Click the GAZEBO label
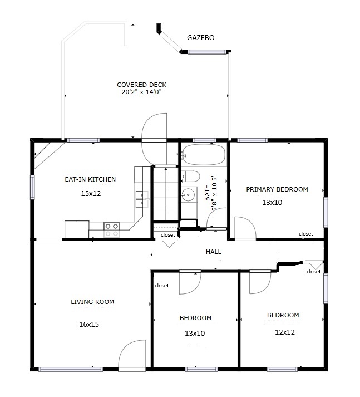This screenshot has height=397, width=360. pyautogui.click(x=200, y=38)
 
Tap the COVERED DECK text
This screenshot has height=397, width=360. pyautogui.click(x=141, y=85)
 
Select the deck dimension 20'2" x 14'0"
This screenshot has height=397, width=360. pyautogui.click(x=141, y=92)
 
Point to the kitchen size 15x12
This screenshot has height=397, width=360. pyautogui.click(x=90, y=194)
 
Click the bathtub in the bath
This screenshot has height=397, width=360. pyautogui.click(x=203, y=154)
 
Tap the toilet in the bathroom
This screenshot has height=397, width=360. pyautogui.click(x=190, y=177)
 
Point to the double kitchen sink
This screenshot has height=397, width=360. pyautogui.click(x=141, y=199)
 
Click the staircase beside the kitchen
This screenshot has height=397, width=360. pyautogui.click(x=164, y=195)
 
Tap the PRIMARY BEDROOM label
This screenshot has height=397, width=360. pyautogui.click(x=277, y=189)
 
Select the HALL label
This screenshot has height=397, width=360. pyautogui.click(x=214, y=252)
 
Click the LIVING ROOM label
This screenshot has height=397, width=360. pyautogui.click(x=92, y=302)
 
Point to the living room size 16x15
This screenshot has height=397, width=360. pyautogui.click(x=89, y=324)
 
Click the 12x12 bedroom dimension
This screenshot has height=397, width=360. pyautogui.click(x=284, y=332)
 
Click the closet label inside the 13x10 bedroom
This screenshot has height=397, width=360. pyautogui.click(x=161, y=286)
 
